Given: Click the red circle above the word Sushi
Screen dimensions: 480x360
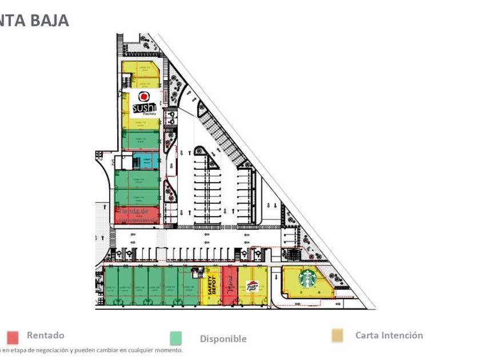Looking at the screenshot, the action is (x=144, y=96).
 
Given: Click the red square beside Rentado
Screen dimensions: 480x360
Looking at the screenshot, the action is (x=13, y=337).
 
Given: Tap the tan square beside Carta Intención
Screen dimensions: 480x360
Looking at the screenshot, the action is (x=338, y=336).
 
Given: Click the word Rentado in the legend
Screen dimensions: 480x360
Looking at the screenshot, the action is (x=46, y=335).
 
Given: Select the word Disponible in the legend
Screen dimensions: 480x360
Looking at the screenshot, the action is (x=223, y=339).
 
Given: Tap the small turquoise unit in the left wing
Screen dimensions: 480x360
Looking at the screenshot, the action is (x=146, y=161).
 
